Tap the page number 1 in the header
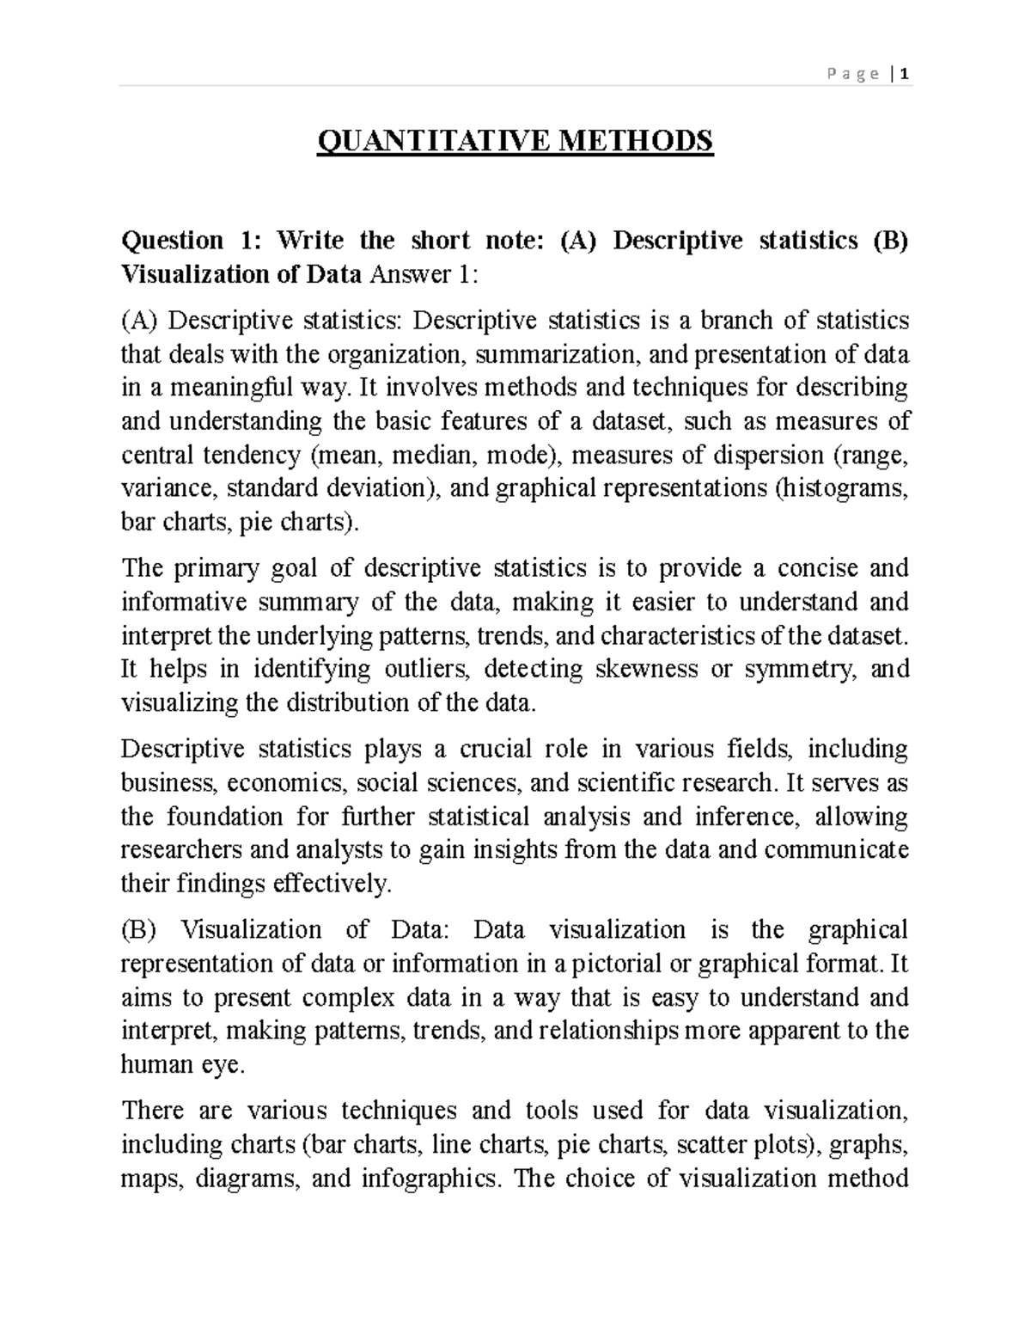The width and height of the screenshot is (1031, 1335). coord(906,74)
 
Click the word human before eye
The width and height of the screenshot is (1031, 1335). coord(157,1064)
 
